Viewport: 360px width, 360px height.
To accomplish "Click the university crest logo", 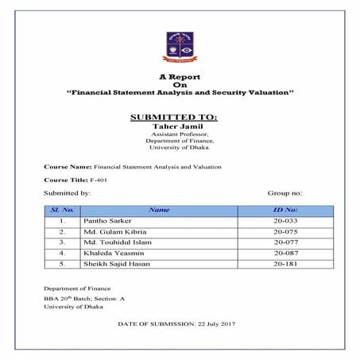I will coord(179,47).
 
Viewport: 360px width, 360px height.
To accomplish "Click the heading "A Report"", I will coord(179,76).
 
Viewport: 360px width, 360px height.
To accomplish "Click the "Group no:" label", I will coord(285,193).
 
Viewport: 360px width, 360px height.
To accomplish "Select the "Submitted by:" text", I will coord(68,193).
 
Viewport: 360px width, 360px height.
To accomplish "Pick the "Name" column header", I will coord(159,209).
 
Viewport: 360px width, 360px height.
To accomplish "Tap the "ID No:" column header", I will coord(285,209).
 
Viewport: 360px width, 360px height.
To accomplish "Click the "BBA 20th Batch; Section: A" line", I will coord(84,297).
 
